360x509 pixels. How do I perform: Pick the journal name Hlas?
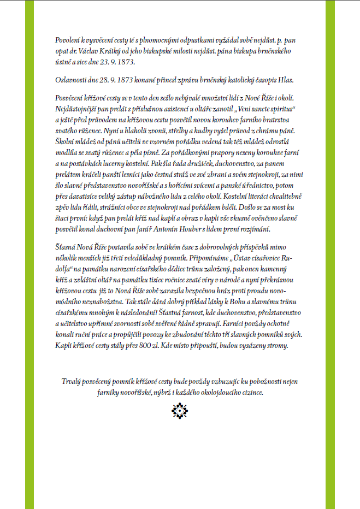(285, 80)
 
